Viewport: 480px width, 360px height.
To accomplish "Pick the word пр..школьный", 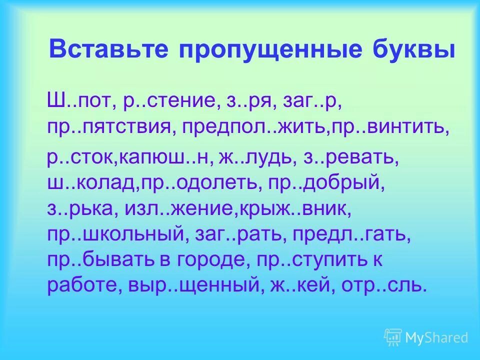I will pos(116,234).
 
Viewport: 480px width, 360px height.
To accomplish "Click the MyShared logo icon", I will pos(393,337).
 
